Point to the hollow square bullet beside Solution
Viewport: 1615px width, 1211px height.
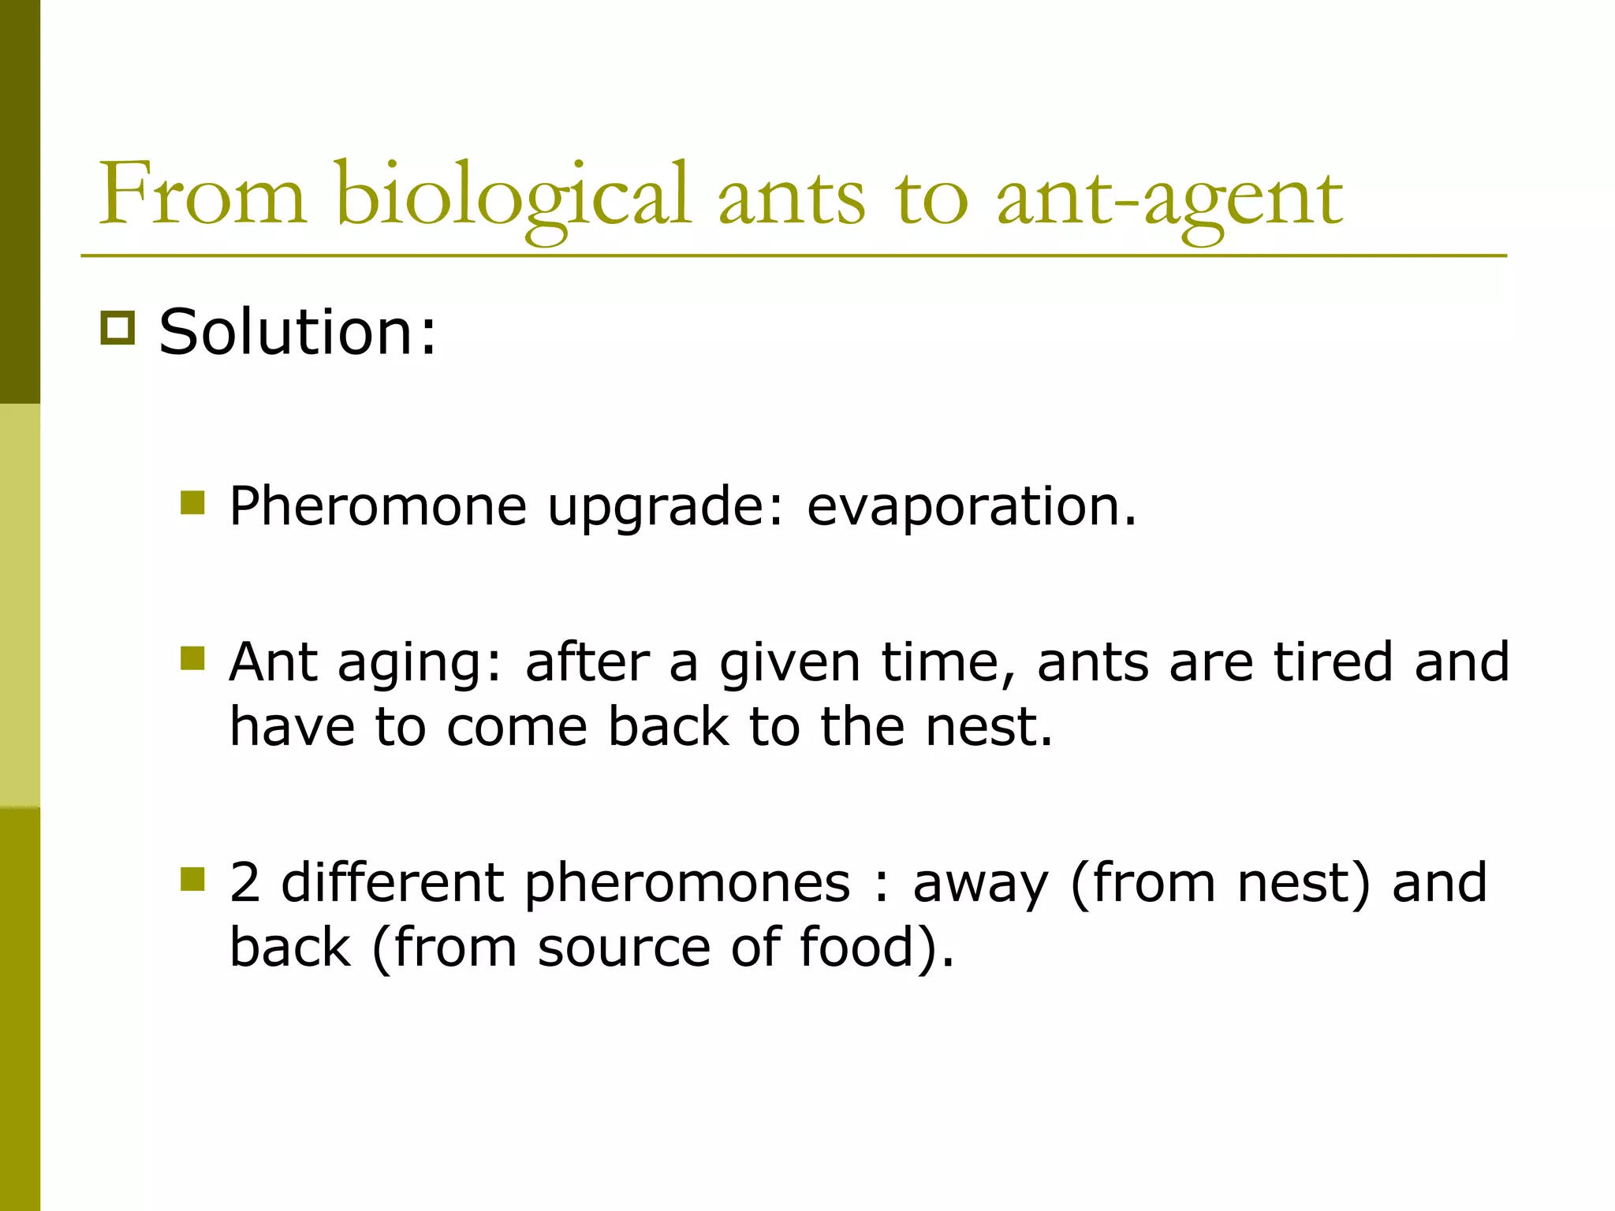117,328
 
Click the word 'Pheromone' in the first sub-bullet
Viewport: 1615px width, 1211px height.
378,505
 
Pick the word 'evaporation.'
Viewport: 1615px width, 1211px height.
972,505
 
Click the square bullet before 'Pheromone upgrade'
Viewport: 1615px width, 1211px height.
192,502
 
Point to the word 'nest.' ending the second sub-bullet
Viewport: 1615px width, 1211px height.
989,726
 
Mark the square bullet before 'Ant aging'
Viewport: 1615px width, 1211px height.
192,658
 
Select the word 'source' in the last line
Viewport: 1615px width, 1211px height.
624,948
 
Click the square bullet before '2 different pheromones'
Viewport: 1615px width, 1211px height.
192,878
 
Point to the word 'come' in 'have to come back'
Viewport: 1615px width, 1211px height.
517,726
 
